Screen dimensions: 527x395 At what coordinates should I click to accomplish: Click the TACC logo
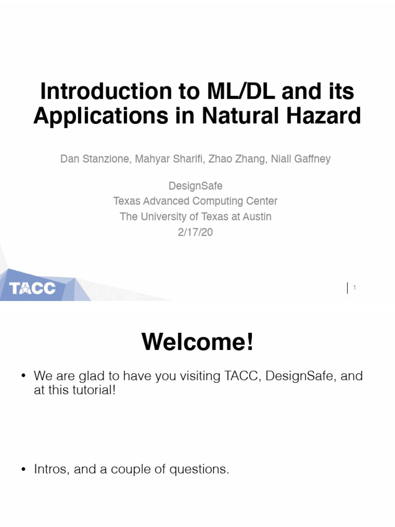32,288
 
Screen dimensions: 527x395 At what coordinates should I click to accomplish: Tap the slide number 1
355,288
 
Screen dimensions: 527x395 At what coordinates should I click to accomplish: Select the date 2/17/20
195,232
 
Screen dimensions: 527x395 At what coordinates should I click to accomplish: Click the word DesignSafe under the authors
195,185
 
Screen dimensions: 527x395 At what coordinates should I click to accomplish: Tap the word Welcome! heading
197,342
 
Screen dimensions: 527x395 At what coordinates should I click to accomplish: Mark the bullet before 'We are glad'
23,376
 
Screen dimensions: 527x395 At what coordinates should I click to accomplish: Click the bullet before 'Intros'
23,469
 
